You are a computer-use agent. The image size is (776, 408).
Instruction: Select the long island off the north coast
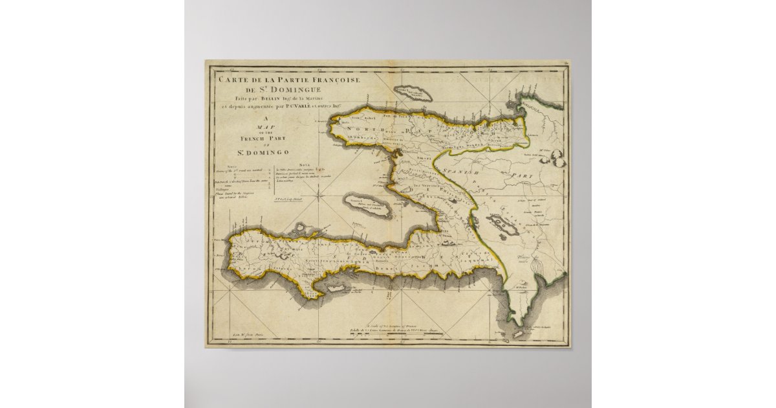click(414, 95)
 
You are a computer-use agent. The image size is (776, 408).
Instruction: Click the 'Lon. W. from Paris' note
click(261, 335)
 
